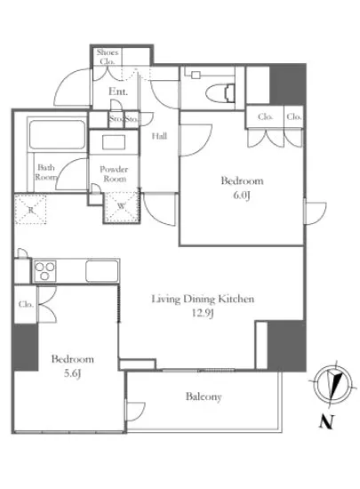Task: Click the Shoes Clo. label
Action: coord(108,56)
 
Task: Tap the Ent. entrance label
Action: coord(118,92)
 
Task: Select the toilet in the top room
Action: coord(220,93)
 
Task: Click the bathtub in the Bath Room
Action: coord(57,135)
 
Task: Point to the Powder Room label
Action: coord(114,173)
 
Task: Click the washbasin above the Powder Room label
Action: coord(114,142)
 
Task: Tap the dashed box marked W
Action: coord(121,207)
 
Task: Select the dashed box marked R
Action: coord(30,209)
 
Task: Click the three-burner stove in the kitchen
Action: coord(44,271)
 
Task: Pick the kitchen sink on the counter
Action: coord(102,270)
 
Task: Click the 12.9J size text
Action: coord(203,313)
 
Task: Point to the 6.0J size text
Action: coord(242,196)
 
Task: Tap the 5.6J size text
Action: coord(72,373)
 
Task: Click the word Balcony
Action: coord(204,397)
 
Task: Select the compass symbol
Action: coord(333,383)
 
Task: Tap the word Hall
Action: coord(159,136)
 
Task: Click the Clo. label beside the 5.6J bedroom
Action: coord(26,304)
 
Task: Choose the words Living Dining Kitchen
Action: coord(203,299)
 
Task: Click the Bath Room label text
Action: coord(46,172)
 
